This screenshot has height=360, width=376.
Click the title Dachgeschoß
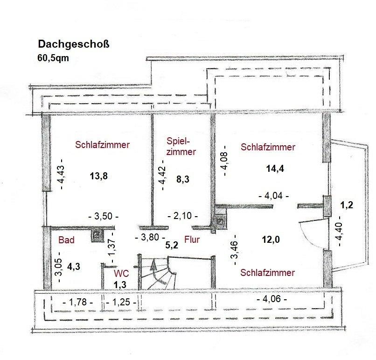[x=74, y=44]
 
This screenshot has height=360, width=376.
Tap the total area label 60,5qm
[x=53, y=58]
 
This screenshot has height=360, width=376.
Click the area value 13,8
[x=98, y=176]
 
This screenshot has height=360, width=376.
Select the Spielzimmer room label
[x=181, y=147]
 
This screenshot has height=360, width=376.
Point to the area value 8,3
[x=183, y=179]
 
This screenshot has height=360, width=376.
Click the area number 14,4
[x=275, y=169]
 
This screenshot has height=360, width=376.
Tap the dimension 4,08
[x=225, y=161]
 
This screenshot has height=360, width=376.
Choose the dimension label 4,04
[x=274, y=196]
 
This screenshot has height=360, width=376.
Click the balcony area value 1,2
[x=347, y=205]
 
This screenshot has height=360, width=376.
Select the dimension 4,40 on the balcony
[x=339, y=231]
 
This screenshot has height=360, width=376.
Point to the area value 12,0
[x=271, y=239]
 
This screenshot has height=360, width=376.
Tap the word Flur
[x=192, y=240]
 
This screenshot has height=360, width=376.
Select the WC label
[x=121, y=273]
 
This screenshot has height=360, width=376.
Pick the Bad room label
[x=66, y=240]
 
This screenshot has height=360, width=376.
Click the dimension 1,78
[x=78, y=302]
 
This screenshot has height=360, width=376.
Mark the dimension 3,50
[x=104, y=216]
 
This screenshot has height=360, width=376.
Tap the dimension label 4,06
[x=272, y=299]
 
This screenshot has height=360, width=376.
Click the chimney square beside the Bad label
[x=97, y=235]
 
